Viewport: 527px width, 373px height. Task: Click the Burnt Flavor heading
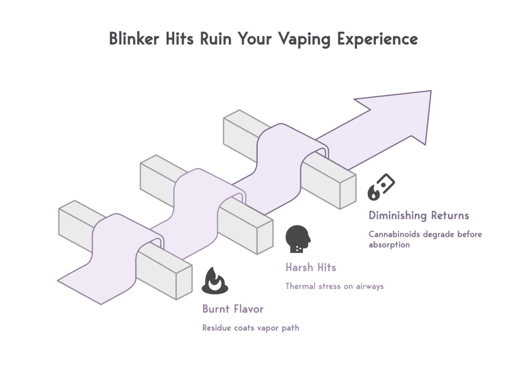coord(233,309)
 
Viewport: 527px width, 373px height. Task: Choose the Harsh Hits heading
coord(310,268)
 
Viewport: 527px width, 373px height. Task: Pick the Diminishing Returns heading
coord(418,215)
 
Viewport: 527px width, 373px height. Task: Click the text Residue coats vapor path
coord(250,327)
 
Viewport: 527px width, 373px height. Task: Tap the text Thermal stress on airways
coord(335,286)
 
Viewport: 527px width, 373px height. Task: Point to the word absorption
coord(389,245)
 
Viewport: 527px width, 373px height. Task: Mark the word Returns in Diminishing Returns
coord(450,215)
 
